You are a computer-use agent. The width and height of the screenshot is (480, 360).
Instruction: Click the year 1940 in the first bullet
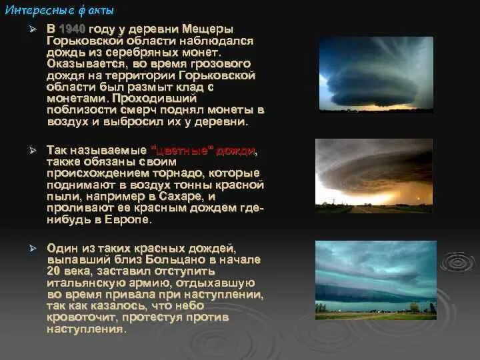pyautogui.click(x=73, y=30)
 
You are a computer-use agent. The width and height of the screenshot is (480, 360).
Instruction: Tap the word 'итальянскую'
pyautogui.click(x=81, y=282)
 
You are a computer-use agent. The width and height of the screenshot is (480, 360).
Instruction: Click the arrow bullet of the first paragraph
pyautogui.click(x=31, y=30)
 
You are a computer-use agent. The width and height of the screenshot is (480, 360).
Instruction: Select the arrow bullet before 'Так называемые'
pyautogui.click(x=31, y=151)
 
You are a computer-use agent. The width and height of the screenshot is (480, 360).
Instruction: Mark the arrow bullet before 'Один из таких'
pyautogui.click(x=31, y=248)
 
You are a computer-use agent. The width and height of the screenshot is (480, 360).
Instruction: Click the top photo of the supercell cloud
pyautogui.click(x=377, y=73)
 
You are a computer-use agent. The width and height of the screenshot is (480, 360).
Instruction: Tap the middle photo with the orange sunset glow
pyautogui.click(x=374, y=175)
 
